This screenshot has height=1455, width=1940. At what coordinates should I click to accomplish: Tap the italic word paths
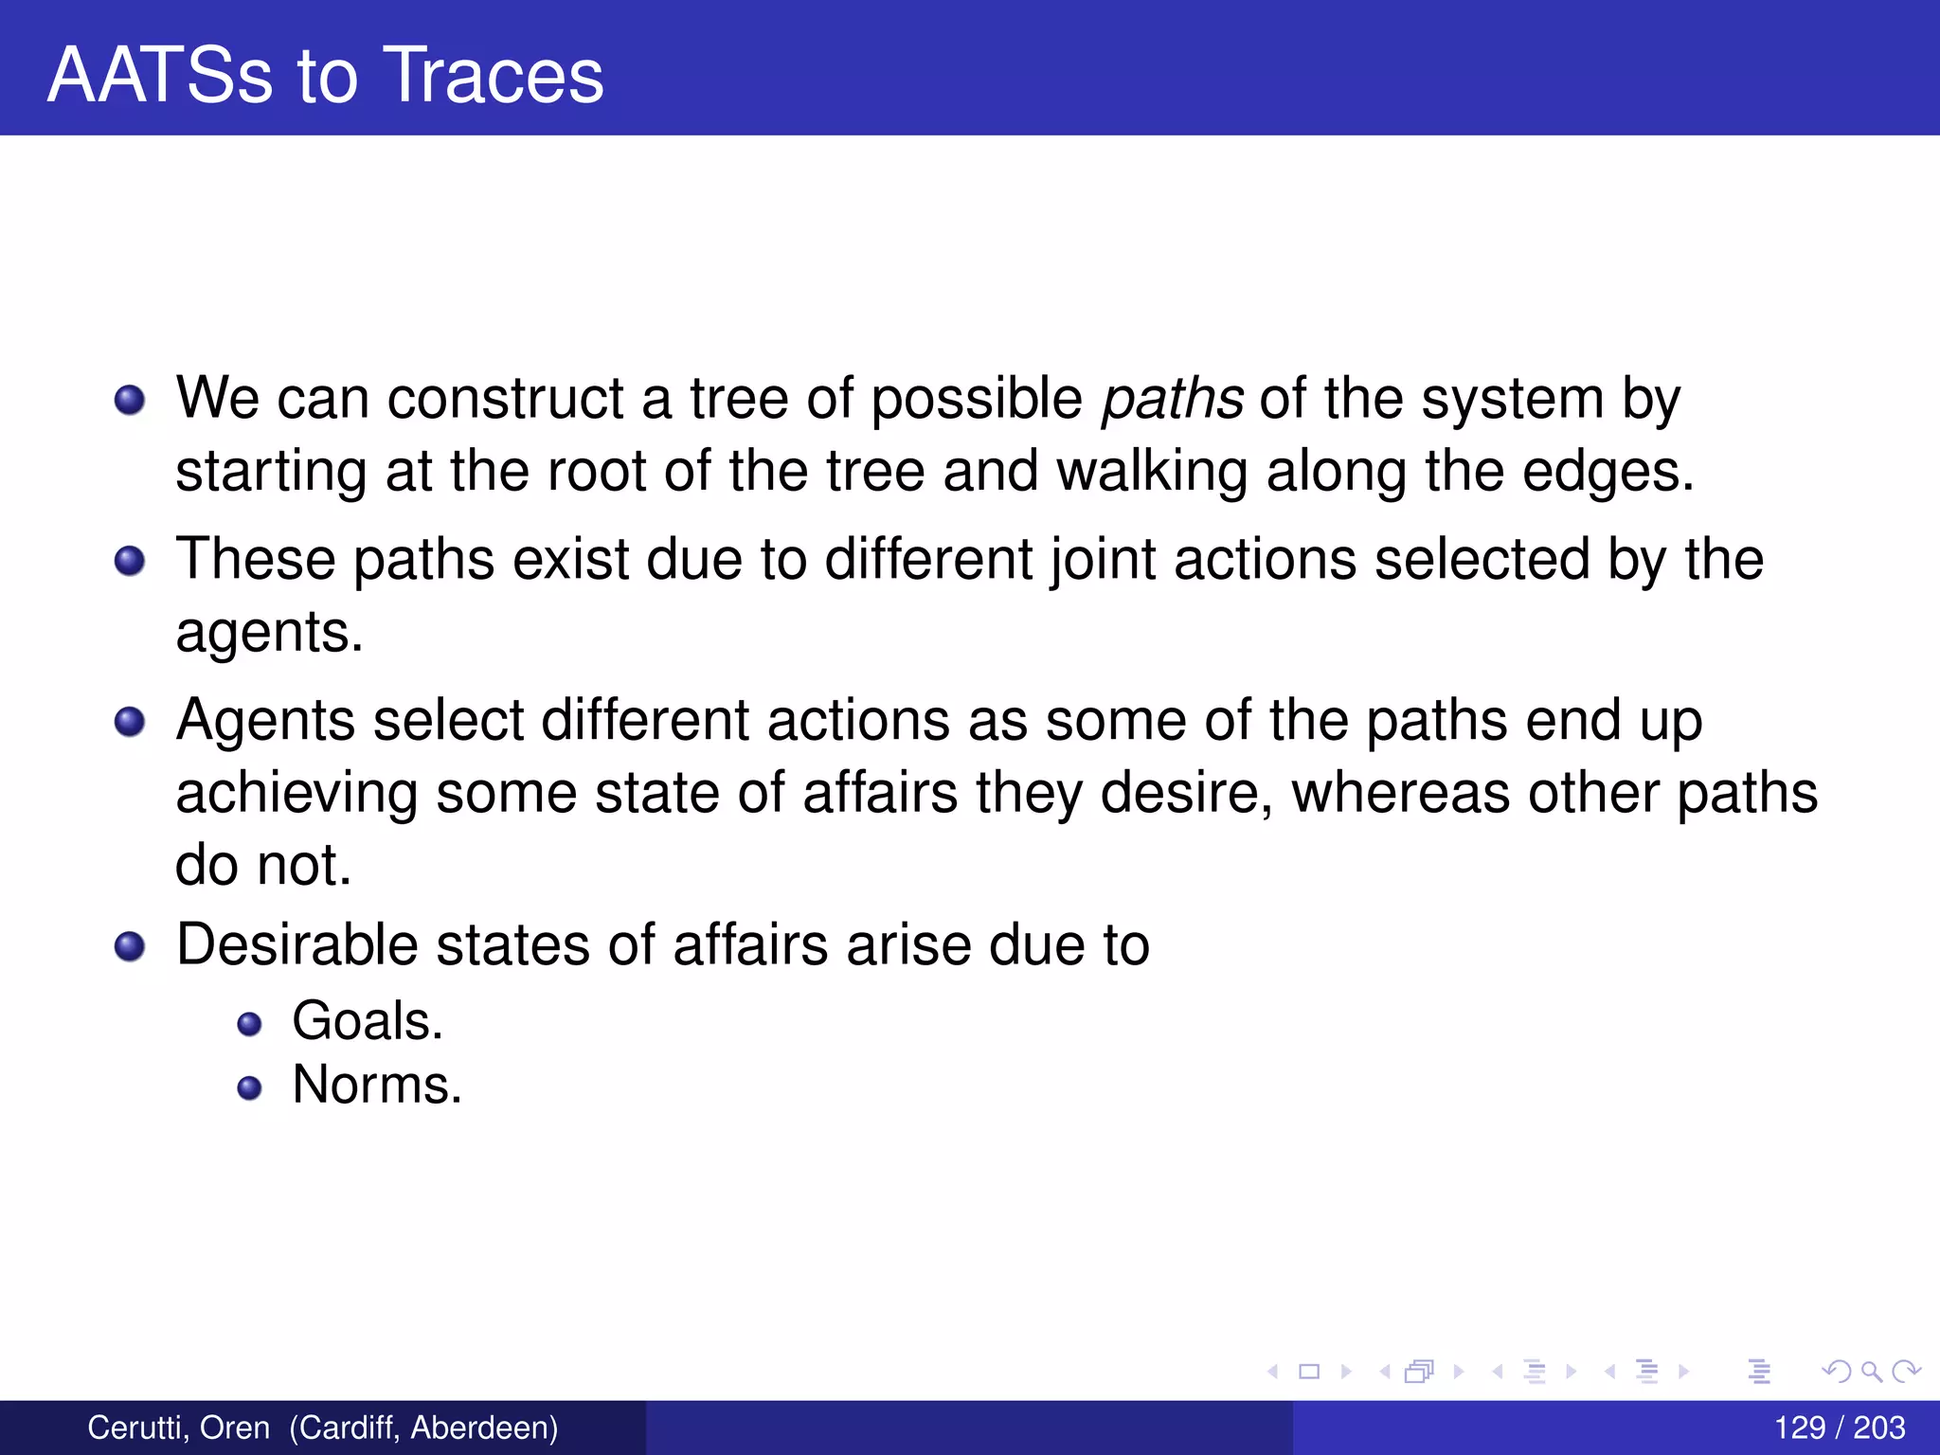(1172, 399)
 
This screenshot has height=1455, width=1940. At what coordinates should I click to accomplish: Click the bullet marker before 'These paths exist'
(130, 561)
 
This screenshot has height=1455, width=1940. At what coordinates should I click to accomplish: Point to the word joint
(1103, 560)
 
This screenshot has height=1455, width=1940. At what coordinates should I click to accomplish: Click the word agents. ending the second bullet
(269, 633)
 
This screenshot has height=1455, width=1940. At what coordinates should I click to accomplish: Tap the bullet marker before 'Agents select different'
(130, 722)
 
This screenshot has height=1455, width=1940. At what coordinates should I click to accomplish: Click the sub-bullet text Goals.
(368, 1021)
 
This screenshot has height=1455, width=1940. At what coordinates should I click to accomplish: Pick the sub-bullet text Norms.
(377, 1085)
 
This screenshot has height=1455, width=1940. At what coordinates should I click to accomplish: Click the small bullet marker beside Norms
(249, 1087)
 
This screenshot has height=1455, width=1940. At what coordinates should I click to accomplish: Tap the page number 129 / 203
(1839, 1428)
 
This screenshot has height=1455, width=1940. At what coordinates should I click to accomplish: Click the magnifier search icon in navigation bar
(1871, 1371)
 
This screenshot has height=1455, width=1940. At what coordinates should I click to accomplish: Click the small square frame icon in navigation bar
(1309, 1371)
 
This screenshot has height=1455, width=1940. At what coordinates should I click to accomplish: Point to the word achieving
(296, 793)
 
